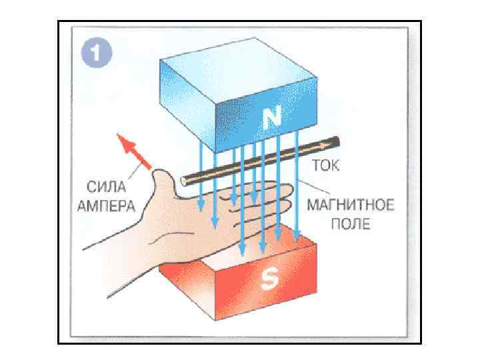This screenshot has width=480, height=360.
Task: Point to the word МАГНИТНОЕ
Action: coord(350,205)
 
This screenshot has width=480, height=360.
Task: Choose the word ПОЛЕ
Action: coord(350,223)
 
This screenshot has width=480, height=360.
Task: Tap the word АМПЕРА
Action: coord(107,205)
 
